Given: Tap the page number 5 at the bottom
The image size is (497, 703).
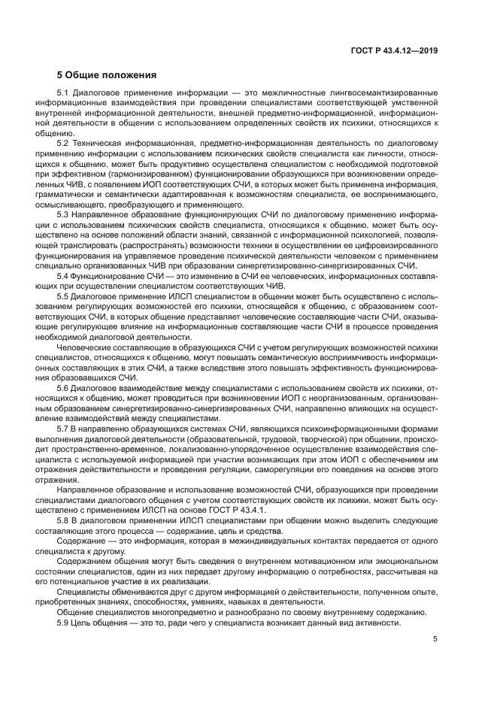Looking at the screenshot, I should (x=435, y=640).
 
